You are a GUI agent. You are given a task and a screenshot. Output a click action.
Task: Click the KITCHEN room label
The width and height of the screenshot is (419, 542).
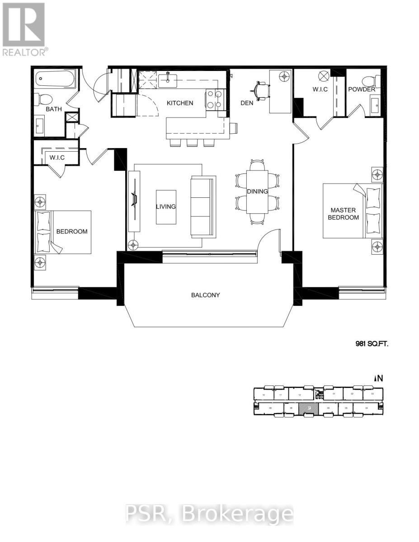(x=180, y=103)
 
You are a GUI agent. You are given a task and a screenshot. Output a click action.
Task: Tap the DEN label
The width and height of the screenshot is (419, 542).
(x=247, y=103)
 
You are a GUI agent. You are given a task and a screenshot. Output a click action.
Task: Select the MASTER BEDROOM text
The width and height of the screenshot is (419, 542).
(x=344, y=214)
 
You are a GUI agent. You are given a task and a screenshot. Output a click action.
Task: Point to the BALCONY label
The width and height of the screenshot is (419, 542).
(x=205, y=295)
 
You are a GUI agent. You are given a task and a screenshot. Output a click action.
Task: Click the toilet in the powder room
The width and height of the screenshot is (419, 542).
(x=370, y=81)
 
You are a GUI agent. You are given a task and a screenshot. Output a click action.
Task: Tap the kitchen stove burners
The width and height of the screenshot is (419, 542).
(x=215, y=100)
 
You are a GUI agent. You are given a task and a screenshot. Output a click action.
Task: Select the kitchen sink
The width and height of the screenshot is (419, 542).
(x=168, y=80)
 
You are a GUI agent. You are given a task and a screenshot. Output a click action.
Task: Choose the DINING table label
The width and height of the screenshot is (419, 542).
(x=257, y=192)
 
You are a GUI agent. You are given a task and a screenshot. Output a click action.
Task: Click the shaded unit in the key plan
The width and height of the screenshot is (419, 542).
(x=309, y=408)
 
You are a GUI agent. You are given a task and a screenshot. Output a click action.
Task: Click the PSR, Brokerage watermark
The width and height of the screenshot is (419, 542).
(x=209, y=514)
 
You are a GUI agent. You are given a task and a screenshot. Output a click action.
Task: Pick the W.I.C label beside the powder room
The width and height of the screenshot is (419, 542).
(x=320, y=89)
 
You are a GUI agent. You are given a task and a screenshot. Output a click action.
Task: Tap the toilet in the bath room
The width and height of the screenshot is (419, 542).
(x=43, y=99)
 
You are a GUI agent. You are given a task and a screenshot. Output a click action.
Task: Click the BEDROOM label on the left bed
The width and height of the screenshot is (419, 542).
(x=71, y=232)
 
